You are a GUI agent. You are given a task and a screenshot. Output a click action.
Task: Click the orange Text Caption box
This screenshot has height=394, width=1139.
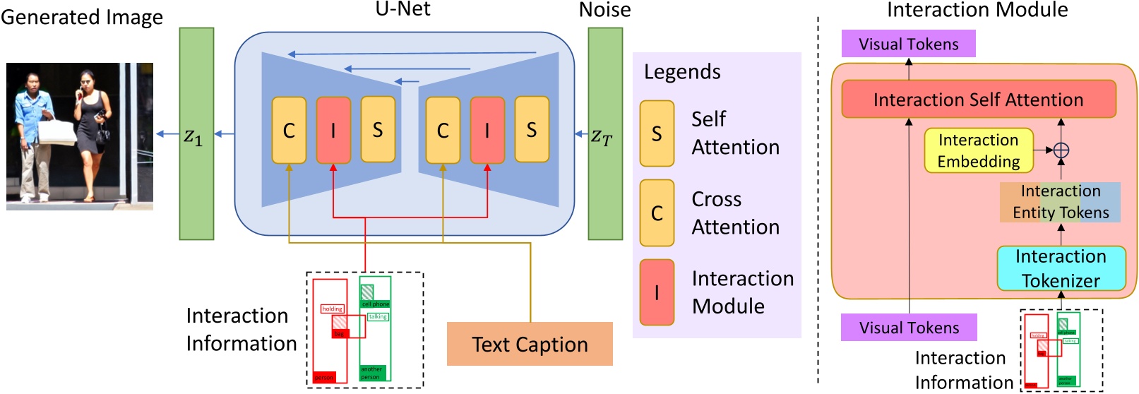[x=530, y=344]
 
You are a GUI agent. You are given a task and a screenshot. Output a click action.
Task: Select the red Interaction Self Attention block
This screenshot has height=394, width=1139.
[x=978, y=100]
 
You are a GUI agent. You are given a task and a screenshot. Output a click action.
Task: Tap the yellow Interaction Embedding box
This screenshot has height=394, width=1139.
[x=978, y=150]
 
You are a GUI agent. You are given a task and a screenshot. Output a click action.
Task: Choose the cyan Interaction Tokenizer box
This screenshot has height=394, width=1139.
[x=1061, y=268]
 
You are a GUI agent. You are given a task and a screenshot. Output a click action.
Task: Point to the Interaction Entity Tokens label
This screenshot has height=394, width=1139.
[x=1060, y=202]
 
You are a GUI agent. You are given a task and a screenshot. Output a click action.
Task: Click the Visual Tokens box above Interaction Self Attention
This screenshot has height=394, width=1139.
[x=908, y=44]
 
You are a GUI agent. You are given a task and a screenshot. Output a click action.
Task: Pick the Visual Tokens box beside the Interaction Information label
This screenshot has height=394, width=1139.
[x=909, y=328]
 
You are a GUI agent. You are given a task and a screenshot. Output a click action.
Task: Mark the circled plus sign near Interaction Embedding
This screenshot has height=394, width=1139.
[x=1061, y=150]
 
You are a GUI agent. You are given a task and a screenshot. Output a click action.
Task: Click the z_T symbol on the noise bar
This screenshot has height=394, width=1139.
[x=602, y=136]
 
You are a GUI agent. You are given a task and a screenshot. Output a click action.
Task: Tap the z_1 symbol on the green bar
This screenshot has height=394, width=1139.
[x=193, y=136]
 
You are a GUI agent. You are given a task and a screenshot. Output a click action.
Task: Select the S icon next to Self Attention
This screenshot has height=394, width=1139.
[x=657, y=133]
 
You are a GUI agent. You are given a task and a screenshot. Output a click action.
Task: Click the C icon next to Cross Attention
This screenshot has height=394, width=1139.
[x=657, y=213]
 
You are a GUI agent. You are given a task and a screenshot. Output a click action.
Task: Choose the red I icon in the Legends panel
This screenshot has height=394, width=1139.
[x=657, y=292]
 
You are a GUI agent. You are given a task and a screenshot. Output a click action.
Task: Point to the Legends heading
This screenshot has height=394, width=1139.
[x=682, y=72]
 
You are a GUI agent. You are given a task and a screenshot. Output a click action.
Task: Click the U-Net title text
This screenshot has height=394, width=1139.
[x=402, y=9]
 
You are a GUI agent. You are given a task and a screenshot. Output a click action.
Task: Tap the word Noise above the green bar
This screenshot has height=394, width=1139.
[x=604, y=10]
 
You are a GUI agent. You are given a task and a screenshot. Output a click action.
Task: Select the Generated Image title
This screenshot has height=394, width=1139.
[x=82, y=17]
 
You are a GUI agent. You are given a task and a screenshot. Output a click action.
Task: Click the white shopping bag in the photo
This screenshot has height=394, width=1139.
[x=56, y=132]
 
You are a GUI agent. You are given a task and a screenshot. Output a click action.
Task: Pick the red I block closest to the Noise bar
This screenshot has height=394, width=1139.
[x=487, y=130]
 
